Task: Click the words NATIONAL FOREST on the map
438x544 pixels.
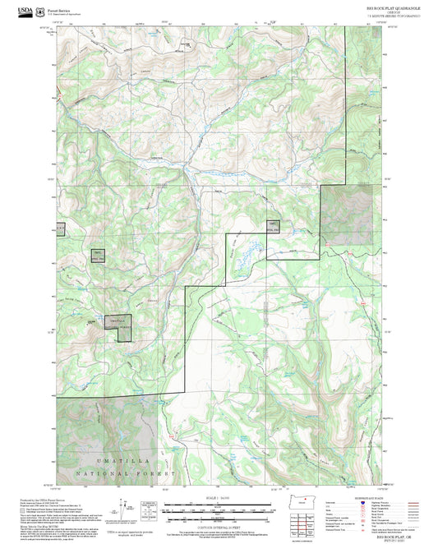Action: (116, 475)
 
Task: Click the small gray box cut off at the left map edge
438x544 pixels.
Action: (59, 228)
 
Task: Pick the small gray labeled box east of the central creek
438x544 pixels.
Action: (272, 227)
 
